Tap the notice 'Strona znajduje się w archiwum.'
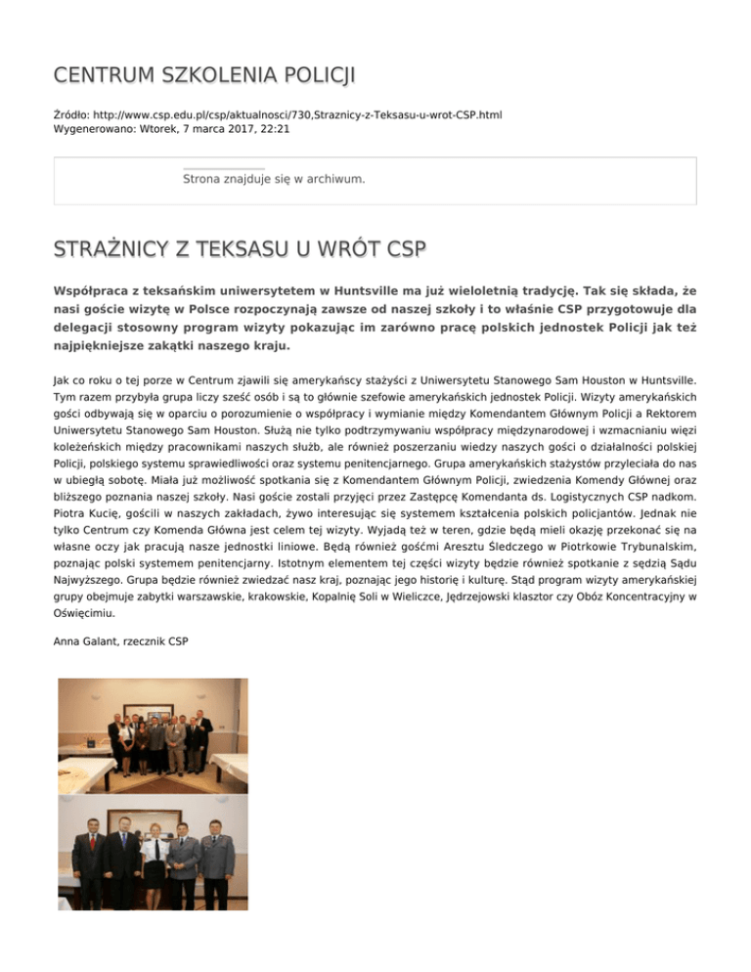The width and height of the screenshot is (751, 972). (274, 179)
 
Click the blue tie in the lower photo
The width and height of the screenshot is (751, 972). (122, 839)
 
